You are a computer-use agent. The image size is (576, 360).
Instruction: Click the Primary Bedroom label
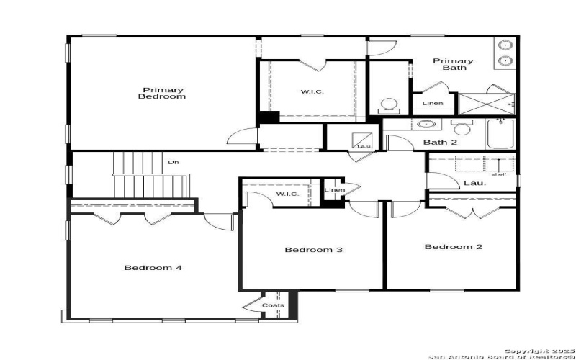pos(161,93)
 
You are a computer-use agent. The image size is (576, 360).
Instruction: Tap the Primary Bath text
pos(453,64)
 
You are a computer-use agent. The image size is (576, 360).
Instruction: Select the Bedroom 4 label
pos(153,268)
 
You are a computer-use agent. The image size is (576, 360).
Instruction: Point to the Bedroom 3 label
pos(312,250)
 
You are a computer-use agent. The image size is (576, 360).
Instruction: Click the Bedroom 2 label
pos(453,247)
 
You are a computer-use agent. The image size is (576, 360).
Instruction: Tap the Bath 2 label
pos(440,143)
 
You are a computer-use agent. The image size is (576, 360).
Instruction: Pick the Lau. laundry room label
pos(474,183)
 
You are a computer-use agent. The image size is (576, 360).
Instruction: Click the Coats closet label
pos(273,305)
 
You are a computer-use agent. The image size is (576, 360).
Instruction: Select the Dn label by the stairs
pos(173,163)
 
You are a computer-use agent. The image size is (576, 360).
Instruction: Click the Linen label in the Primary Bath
pos(433,104)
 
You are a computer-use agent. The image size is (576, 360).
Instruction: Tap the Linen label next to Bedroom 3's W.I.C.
pos(335,190)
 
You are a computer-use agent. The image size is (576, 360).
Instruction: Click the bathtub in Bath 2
pos(500,134)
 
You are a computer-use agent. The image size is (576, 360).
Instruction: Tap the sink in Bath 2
pos(423,125)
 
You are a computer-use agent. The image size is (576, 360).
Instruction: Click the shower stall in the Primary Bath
pos(487,104)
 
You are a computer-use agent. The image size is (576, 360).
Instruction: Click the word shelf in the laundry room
pos(499,174)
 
